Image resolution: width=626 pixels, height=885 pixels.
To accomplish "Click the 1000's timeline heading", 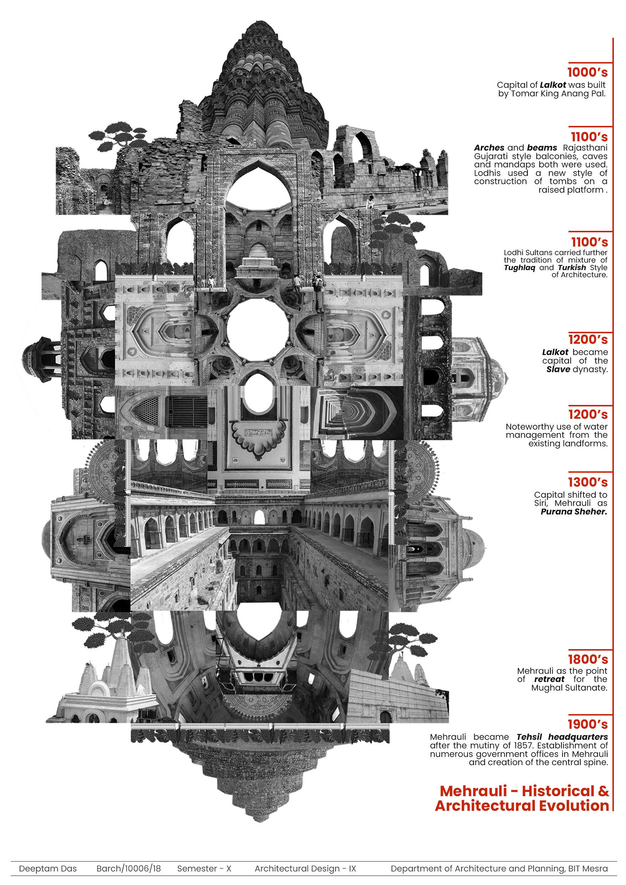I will (x=587, y=72).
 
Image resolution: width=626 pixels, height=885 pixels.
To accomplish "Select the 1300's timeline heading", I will (x=587, y=482).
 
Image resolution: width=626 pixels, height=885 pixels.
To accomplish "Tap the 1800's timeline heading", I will (x=587, y=659).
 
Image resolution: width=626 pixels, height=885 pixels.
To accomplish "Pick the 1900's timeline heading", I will (x=587, y=724).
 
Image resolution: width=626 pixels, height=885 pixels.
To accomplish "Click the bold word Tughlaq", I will (x=519, y=268).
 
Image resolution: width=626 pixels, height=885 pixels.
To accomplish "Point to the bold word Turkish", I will (x=572, y=268).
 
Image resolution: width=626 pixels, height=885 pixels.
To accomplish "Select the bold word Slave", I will (x=558, y=369).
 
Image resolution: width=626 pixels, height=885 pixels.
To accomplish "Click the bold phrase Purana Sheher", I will (x=574, y=511).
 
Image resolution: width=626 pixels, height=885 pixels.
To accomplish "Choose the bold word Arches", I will (x=489, y=148).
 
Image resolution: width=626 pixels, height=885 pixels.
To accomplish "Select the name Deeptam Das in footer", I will (x=48, y=868).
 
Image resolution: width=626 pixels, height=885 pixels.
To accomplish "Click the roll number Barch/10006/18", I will (x=128, y=868).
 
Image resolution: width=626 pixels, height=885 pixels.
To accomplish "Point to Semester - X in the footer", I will (x=204, y=868).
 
